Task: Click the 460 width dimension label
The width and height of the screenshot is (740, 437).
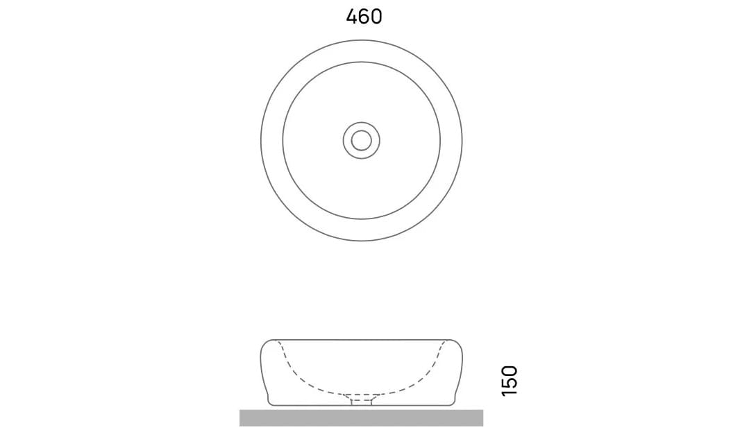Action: (364, 17)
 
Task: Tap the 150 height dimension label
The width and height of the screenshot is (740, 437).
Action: (510, 381)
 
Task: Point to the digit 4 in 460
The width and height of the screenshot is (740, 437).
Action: (352, 17)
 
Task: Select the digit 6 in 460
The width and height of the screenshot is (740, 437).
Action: (364, 17)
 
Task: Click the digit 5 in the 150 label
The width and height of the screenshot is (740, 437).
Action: (510, 381)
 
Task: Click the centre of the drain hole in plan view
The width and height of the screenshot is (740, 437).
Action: (361, 140)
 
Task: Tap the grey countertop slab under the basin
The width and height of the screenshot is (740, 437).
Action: (361, 418)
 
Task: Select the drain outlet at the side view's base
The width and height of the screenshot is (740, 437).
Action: (361, 400)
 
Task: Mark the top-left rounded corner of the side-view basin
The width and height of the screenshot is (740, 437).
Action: (264, 344)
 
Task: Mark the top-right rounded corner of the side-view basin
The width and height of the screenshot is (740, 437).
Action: (457, 344)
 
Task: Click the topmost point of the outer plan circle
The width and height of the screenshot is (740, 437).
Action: (361, 40)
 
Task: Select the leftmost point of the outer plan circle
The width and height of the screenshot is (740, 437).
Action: (261, 140)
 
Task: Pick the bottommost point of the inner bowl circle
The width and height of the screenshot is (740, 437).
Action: (361, 219)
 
